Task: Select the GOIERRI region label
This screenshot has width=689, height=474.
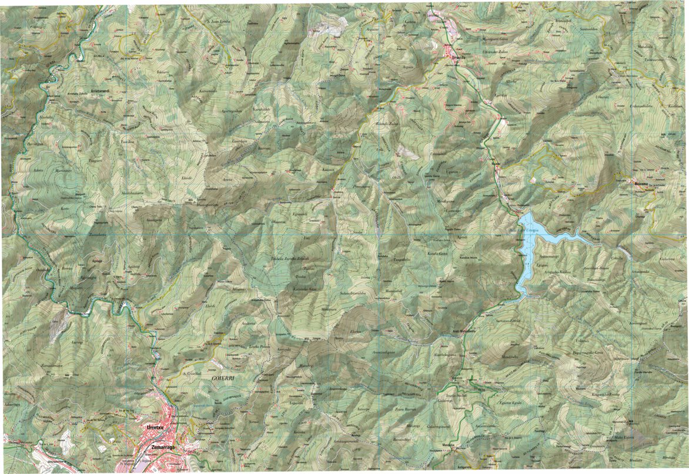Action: (219, 380)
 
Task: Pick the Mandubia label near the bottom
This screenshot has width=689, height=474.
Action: (450, 445)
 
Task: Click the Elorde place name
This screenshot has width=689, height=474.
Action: (187, 161)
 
